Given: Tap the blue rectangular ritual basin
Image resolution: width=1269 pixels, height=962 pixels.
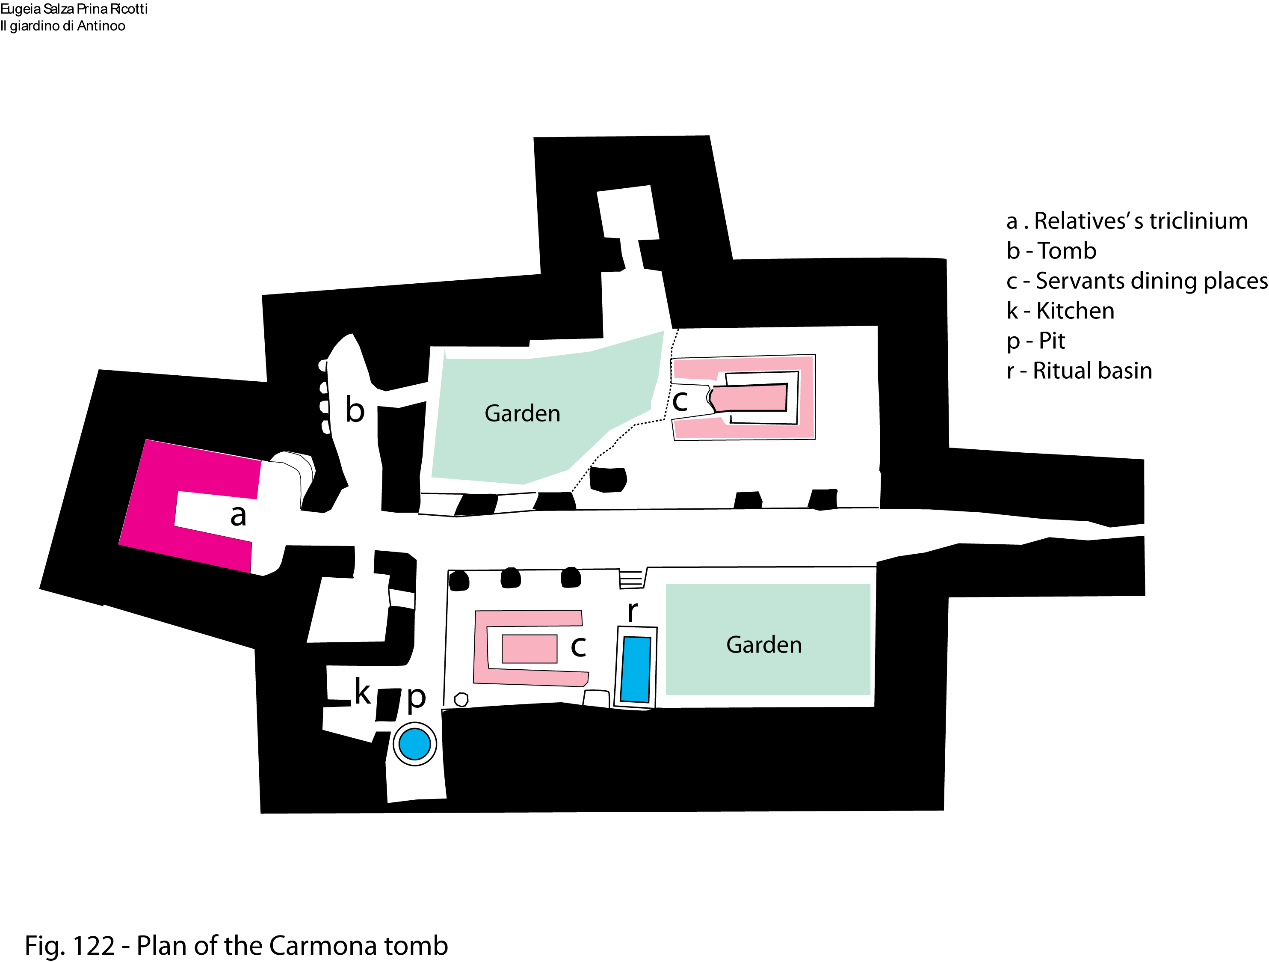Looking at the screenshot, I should coord(636,669).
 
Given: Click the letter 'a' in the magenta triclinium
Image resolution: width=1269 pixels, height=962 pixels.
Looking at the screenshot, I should coord(238,515).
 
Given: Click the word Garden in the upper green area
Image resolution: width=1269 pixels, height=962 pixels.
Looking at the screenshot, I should coord(522,413).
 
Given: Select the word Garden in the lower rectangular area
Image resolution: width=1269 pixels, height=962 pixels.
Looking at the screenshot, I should coord(763,644).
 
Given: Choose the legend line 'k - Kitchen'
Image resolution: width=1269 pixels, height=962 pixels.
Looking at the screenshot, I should coord(1060,311).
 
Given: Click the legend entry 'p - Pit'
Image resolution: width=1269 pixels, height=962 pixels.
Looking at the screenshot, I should coord(1035,341).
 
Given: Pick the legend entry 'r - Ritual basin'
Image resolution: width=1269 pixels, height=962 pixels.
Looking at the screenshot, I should coord(1079,371).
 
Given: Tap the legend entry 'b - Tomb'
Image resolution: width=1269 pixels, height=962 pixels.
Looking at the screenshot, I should coord(1051,251).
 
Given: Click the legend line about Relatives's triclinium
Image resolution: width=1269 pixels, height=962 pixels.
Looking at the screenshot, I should coord(1127,221).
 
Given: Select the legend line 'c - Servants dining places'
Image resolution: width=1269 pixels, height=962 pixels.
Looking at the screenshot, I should coord(1136,281).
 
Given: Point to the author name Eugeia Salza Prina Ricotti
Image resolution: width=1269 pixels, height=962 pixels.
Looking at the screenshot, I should coord(74,9).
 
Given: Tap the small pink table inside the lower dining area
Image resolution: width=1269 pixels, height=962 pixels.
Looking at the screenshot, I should coord(529,649).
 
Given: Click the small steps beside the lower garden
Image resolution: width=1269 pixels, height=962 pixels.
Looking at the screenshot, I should coord(631,579).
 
